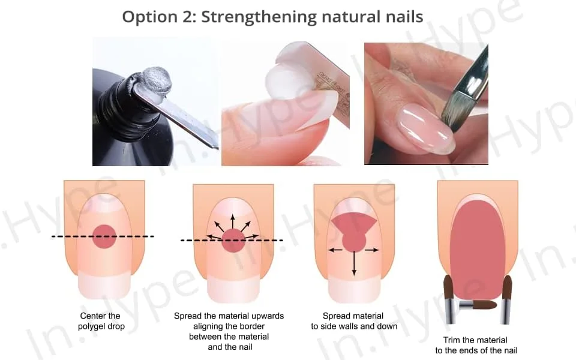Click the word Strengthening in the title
[258, 17]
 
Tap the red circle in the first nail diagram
[104, 236]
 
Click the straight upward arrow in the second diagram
[233, 222]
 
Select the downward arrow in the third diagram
[354, 263]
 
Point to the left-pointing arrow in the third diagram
[335, 250]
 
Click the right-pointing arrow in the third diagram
[371, 250]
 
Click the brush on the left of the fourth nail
[449, 299]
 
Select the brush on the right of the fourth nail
[506, 299]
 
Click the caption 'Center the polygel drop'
[101, 321]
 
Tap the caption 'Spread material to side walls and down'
[354, 321]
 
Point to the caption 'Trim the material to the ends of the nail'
[476, 345]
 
